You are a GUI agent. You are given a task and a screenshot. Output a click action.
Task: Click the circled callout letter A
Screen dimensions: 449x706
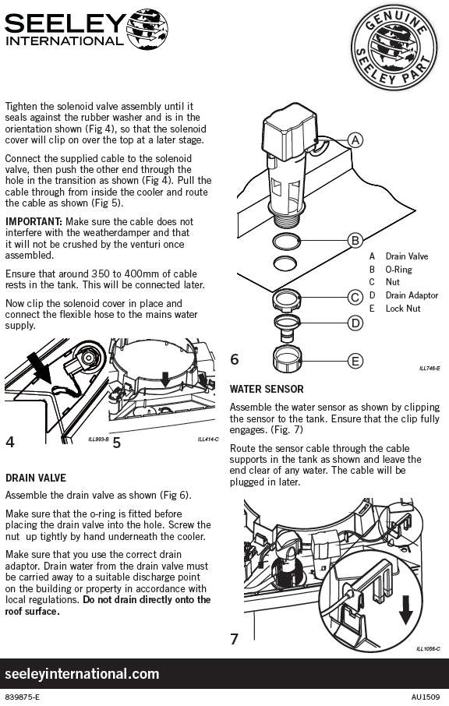(355, 140)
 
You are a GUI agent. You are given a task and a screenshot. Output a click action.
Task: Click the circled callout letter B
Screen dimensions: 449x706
(355, 241)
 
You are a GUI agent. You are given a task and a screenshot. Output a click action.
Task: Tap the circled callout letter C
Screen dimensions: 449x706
(355, 297)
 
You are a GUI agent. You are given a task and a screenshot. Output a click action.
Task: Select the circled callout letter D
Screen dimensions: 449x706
(355, 323)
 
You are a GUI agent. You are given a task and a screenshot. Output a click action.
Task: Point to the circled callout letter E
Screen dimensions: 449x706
(355, 361)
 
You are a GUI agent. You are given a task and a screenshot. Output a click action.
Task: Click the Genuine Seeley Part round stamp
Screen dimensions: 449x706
(394, 48)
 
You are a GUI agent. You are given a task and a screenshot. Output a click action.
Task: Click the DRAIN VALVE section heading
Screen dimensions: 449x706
(36, 478)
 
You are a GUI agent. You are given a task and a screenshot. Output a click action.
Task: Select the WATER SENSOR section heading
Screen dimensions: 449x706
(267, 389)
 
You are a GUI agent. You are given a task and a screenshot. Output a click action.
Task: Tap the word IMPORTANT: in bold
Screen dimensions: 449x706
(34, 222)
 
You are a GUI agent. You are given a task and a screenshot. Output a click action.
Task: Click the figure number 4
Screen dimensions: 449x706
(10, 442)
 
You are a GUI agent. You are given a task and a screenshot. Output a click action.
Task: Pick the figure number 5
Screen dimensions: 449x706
(117, 443)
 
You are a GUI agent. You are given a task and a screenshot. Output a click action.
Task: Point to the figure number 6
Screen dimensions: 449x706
(235, 359)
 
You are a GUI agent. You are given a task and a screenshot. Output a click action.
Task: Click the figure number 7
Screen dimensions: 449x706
(234, 639)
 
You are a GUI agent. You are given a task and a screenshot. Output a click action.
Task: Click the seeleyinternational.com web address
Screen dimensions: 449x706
(82, 674)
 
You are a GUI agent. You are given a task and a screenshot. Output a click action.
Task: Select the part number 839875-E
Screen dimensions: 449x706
(22, 697)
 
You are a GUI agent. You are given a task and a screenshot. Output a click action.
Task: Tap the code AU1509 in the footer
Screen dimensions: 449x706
(426, 697)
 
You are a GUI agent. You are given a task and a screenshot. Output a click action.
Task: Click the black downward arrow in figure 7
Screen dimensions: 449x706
(406, 609)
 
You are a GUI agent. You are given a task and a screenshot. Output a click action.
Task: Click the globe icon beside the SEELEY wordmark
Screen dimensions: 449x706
(147, 29)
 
